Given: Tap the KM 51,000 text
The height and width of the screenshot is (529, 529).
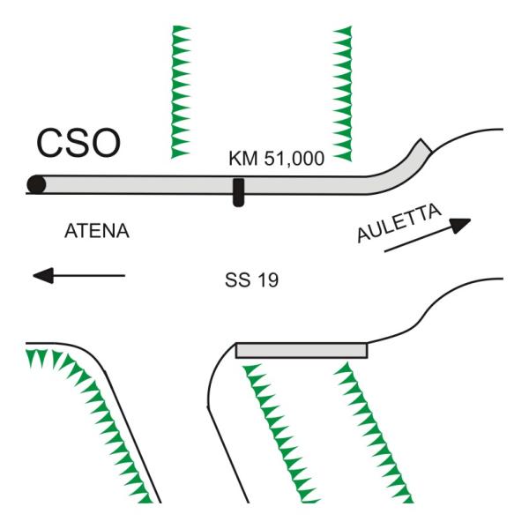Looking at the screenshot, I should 277,158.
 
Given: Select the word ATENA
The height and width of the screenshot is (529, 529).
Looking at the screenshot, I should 98,233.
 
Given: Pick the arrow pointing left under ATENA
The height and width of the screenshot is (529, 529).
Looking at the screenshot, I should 78,276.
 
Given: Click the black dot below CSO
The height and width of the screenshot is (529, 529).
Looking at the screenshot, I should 36,184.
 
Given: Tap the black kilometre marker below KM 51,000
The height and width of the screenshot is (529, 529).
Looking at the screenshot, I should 238,191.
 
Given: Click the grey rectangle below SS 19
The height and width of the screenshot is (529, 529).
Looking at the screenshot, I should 301,350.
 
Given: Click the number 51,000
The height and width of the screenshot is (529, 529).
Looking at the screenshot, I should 293,158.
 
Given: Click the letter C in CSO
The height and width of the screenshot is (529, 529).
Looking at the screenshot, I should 51,144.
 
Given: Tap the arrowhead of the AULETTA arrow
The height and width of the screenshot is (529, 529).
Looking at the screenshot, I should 459,224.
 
